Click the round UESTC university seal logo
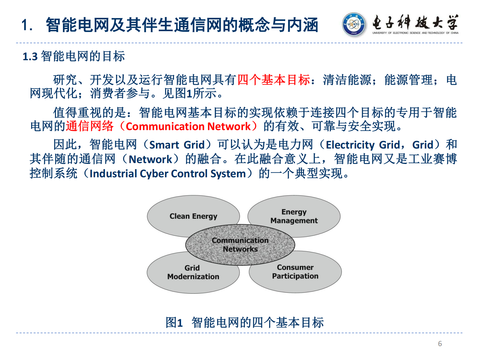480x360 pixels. click(353, 25)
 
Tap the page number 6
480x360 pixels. click(440, 344)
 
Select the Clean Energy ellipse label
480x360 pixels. click(193, 216)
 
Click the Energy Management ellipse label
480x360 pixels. click(294, 216)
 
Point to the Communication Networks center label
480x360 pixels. click(240, 245)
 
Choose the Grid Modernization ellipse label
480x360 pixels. click(193, 272)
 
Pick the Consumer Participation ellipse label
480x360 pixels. click(295, 272)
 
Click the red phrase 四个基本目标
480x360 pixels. click(274, 80)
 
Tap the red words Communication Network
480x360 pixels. click(188, 126)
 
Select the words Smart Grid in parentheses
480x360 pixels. click(177, 145)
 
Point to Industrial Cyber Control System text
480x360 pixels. click(168, 174)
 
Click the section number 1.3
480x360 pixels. click(30, 57)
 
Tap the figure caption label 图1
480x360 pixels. click(174, 322)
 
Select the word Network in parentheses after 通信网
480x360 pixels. click(150, 159)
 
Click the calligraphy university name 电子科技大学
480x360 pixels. click(415, 22)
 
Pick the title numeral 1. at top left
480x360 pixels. click(27, 25)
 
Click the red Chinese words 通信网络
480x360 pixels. click(90, 126)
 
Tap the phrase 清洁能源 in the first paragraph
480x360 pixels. click(347, 80)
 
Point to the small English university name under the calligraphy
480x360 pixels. click(415, 33)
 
